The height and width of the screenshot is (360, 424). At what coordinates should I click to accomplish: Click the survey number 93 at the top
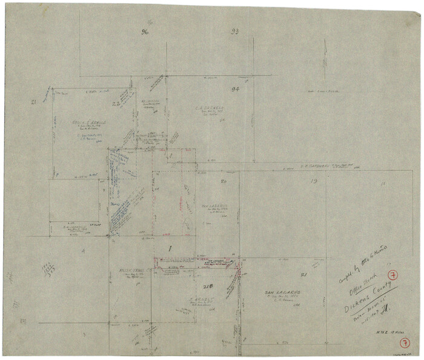click(x=234, y=31)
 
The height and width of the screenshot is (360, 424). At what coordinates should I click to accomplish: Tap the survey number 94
click(x=236, y=88)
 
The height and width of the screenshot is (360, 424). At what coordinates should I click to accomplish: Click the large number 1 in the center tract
click(x=170, y=249)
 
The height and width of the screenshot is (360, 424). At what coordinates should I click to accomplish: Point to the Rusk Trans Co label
click(x=137, y=270)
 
